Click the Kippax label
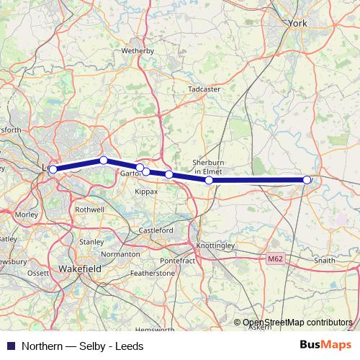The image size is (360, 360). (x=147, y=193)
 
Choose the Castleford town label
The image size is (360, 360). (x=156, y=230)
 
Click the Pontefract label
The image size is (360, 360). (x=177, y=260)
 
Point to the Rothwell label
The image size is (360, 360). (x=91, y=210)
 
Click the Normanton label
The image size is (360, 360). (x=120, y=254)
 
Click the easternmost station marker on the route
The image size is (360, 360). (x=307, y=180)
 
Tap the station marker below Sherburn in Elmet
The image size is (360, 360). (x=209, y=181)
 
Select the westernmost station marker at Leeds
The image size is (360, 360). (x=53, y=170)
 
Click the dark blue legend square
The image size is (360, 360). (x=9, y=346)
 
